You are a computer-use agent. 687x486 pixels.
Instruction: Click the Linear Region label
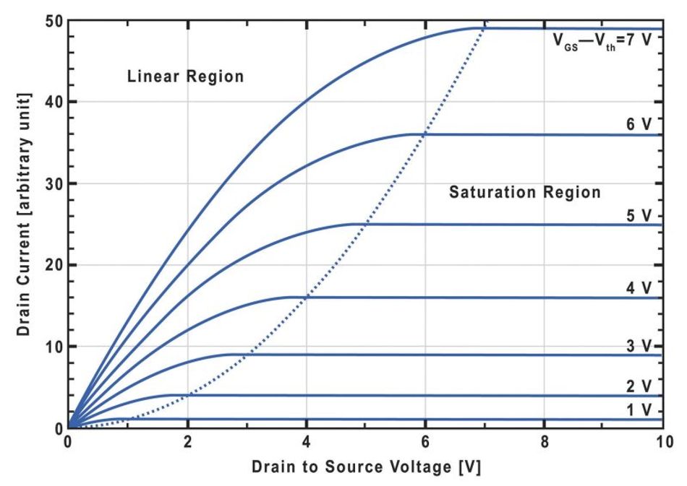coord(185,77)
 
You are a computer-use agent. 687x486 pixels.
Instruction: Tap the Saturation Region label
coord(524,193)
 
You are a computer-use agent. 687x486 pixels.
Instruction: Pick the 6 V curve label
coord(639,124)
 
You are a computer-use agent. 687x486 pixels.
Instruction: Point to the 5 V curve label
coord(639,215)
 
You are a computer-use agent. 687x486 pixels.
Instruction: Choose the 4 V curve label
coord(639,288)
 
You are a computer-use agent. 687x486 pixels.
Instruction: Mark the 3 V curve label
coord(639,345)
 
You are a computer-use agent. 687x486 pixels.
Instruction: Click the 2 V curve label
coord(639,386)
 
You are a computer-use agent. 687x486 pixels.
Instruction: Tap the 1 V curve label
coord(639,409)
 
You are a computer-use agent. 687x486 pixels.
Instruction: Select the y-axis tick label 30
coord(53,183)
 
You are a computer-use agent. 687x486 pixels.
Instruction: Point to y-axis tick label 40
coord(53,102)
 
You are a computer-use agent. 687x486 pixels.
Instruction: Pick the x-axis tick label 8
coord(545,442)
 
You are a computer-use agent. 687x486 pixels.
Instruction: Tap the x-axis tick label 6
coord(425,442)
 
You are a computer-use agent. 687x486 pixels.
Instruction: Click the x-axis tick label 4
coord(306,442)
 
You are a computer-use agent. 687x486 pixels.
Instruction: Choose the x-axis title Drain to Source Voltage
coord(366,467)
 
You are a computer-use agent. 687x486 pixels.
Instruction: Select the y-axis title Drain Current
coord(24,224)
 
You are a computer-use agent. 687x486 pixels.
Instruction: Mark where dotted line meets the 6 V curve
coord(425,134)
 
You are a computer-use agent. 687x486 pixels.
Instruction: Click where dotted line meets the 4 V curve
coord(307,297)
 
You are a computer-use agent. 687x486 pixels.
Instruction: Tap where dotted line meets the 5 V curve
coord(366,225)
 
